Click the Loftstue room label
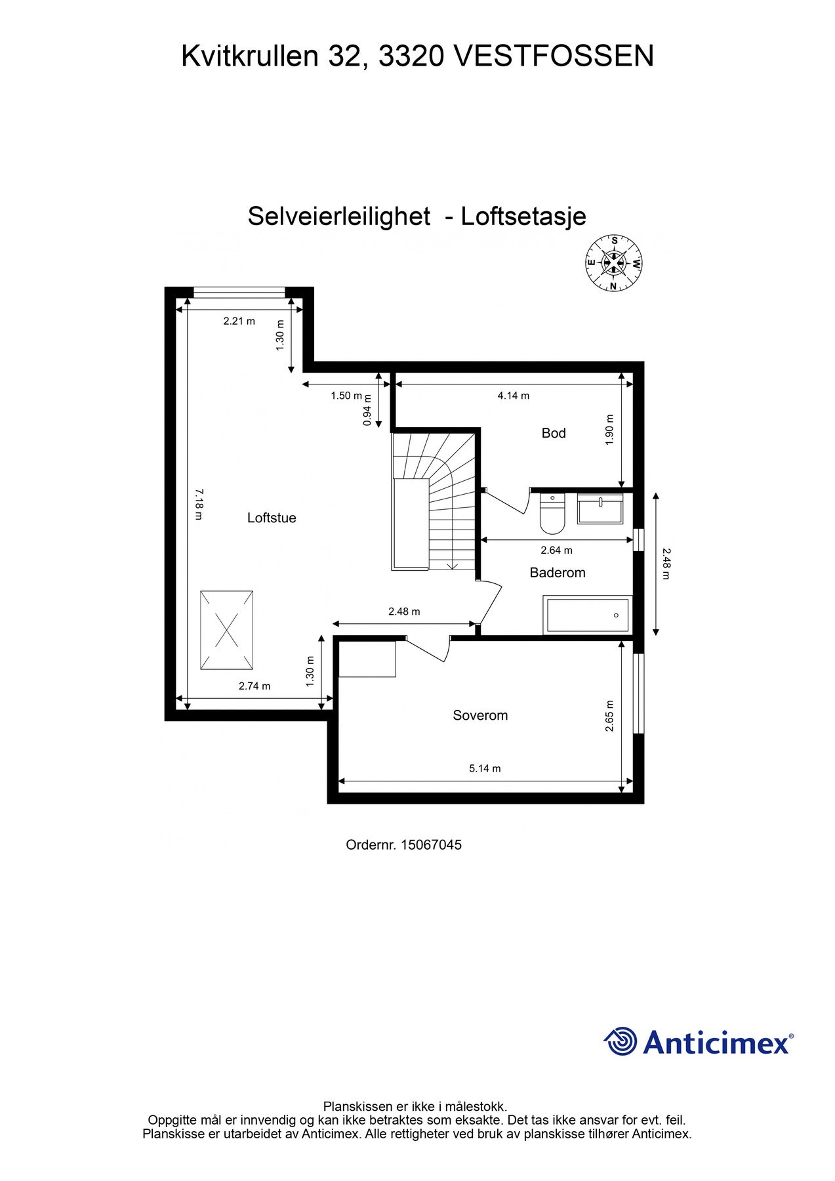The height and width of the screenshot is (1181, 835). pos(272,518)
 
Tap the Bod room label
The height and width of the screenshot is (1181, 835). pos(553,433)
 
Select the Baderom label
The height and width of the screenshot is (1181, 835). pos(557,573)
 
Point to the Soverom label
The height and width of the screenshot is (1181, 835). pos(480,715)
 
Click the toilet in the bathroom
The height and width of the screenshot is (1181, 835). pos(552,515)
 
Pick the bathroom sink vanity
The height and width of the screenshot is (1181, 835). pos(600,509)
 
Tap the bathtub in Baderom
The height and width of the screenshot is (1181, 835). pos(588,615)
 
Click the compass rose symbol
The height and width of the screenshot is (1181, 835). pos(614,263)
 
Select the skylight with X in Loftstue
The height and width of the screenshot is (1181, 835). pos(226,631)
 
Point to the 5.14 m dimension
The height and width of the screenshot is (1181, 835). pos(485,768)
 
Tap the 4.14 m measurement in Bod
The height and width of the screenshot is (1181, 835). pos(513,396)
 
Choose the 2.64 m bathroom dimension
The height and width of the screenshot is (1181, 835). pos(556,550)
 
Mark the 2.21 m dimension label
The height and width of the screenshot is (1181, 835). pos(239,321)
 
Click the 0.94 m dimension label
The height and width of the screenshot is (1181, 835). pos(367,410)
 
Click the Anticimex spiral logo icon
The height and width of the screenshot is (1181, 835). pos(621,1041)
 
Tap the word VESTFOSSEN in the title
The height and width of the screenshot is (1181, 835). pos(554,56)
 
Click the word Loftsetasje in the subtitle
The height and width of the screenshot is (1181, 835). pos(523,217)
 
